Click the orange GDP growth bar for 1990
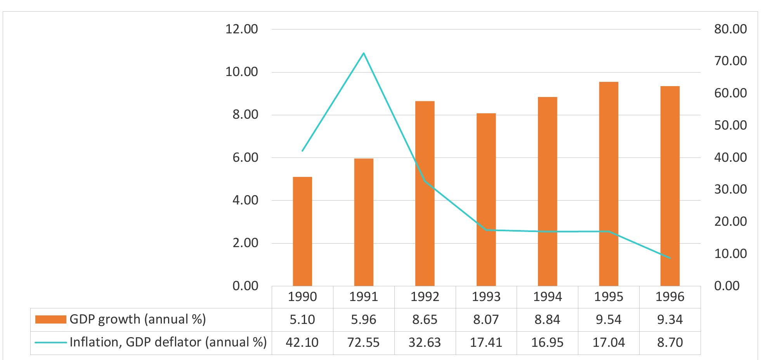(x=302, y=232)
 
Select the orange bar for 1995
(x=609, y=184)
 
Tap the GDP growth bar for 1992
(x=425, y=194)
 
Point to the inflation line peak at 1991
(x=364, y=53)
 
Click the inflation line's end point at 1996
(x=670, y=258)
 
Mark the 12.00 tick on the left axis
(x=241, y=29)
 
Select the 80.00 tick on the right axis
(x=730, y=29)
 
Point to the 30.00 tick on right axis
(x=730, y=189)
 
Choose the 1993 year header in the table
(x=486, y=297)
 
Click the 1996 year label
(x=670, y=297)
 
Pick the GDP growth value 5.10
(x=302, y=320)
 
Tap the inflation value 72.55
(x=364, y=343)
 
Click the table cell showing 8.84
(x=548, y=320)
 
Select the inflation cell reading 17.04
(x=609, y=343)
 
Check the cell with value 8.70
(x=670, y=343)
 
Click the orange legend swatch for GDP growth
(x=50, y=320)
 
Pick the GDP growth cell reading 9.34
(x=670, y=320)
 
